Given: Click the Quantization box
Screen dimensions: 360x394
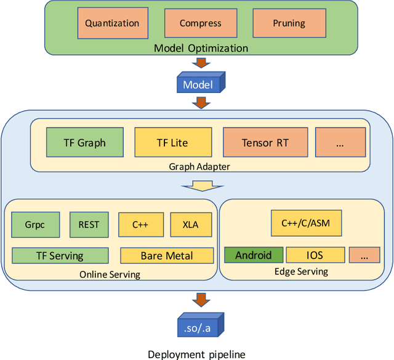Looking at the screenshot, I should (112, 23).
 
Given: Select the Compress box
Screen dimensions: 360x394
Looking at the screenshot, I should (200, 23).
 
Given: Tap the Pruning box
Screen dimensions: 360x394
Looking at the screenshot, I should (289, 23).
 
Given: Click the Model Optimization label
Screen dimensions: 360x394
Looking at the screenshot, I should (201, 48).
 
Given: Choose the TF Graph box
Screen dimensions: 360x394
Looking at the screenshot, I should (84, 143).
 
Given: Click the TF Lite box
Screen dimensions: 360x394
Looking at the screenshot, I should (173, 143).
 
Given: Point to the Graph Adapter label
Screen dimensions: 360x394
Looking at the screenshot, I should (199, 166).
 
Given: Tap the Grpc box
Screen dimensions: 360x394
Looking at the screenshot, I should (34, 225).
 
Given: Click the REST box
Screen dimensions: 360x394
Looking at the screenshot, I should (89, 225).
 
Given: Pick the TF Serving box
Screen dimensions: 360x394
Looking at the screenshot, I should (60, 255).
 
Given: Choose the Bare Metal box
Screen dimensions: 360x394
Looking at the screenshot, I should (166, 255).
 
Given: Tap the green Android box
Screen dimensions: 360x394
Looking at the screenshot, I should (253, 255).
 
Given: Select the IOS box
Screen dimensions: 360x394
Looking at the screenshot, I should (314, 255).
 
